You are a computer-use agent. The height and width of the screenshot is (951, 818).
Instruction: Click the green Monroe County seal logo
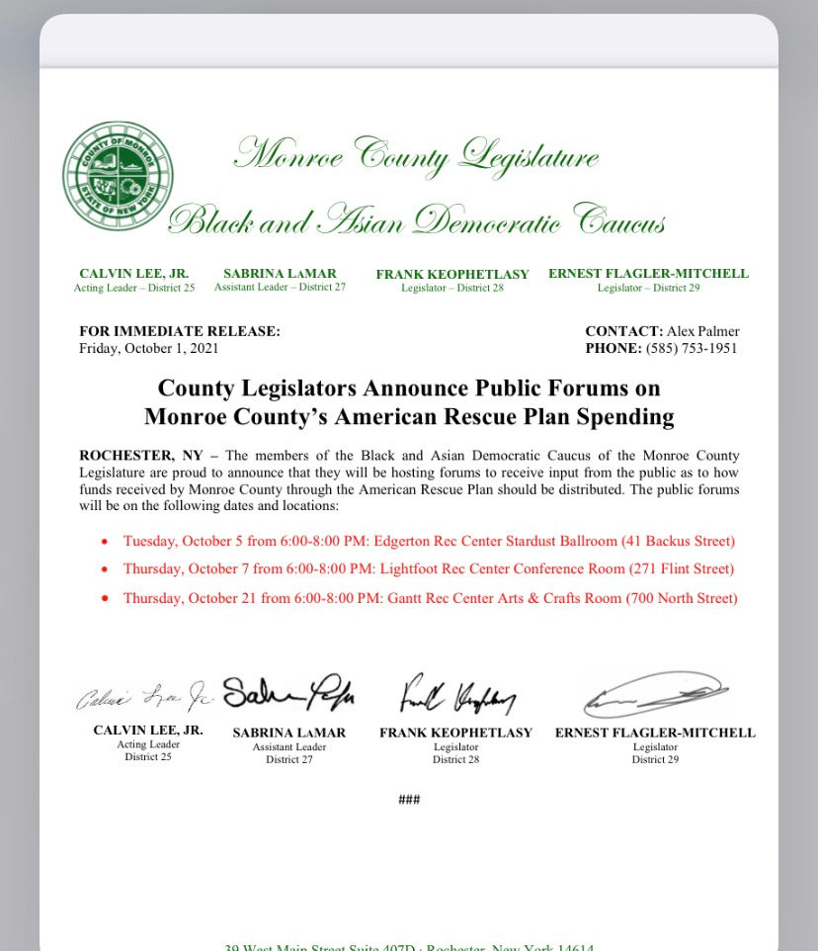[118, 176]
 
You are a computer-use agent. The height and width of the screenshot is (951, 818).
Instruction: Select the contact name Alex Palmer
[703, 332]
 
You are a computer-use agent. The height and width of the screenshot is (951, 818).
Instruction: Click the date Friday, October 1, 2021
[149, 348]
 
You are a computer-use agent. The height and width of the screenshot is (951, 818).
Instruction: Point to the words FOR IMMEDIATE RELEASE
[179, 332]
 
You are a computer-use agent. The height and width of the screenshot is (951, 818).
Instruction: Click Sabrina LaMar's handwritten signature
[288, 696]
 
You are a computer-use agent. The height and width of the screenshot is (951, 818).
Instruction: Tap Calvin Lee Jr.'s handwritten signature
[145, 697]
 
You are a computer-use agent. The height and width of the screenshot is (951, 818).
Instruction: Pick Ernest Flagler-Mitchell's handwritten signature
[655, 695]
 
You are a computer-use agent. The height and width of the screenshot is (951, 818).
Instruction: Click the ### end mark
[409, 800]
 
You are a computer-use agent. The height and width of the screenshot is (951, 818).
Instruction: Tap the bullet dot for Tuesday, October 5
[104, 542]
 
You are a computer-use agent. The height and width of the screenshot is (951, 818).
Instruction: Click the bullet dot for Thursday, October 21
[104, 599]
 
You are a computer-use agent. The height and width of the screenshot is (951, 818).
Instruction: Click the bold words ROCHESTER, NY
[141, 456]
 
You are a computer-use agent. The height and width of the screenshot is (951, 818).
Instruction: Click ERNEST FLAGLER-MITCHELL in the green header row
[648, 274]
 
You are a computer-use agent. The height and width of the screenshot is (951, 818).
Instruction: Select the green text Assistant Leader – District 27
[280, 288]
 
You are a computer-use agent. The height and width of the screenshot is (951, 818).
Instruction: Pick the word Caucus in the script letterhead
[619, 221]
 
